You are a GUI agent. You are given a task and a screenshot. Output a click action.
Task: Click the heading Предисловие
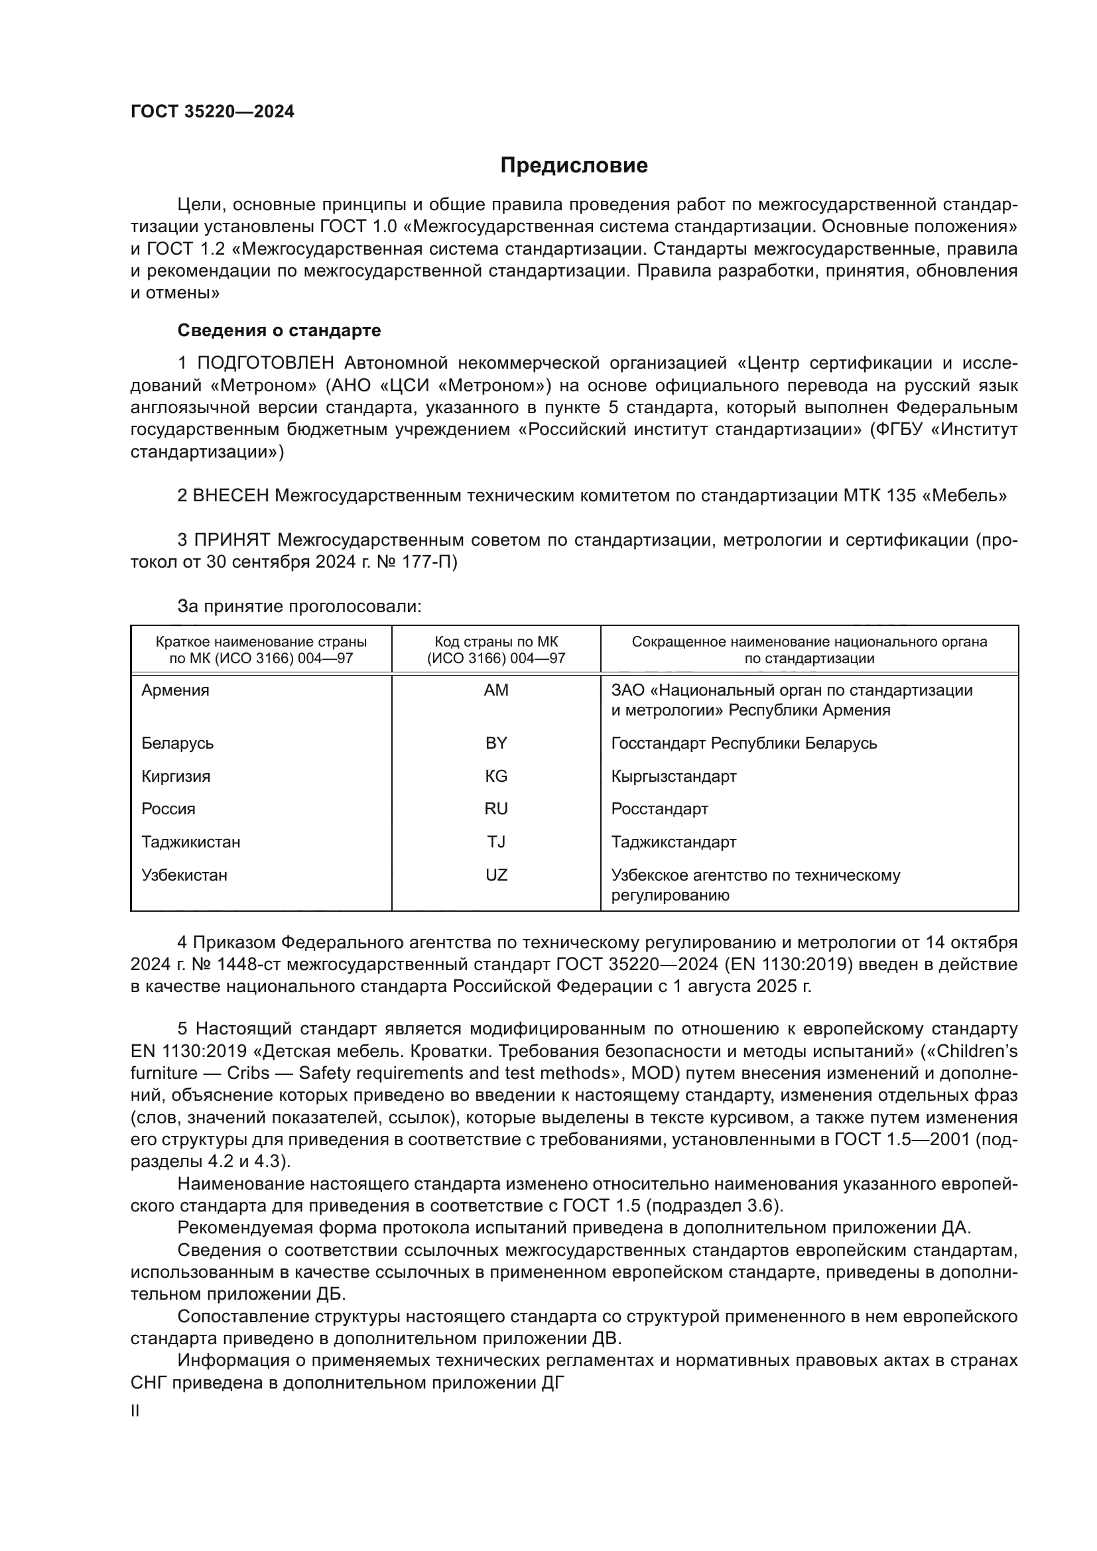(x=574, y=166)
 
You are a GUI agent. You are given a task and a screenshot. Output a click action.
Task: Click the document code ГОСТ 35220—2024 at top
(x=212, y=112)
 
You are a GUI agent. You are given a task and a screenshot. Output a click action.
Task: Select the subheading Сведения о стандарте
(x=279, y=330)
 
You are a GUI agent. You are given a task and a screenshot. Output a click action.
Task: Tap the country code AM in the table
(x=496, y=690)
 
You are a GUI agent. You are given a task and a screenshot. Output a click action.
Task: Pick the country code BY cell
(x=496, y=743)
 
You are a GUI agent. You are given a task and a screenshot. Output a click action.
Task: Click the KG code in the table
(x=496, y=776)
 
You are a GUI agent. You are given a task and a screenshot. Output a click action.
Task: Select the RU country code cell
(x=496, y=808)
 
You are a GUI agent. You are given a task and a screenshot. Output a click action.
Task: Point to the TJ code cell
(x=496, y=841)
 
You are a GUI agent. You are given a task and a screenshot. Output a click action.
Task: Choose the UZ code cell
(x=496, y=875)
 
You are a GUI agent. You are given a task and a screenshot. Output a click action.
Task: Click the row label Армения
(x=175, y=690)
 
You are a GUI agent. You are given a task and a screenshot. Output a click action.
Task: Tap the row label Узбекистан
(x=184, y=875)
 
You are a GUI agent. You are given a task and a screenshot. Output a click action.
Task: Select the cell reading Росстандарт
(x=659, y=809)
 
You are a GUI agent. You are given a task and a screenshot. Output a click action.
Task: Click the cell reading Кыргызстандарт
(x=673, y=776)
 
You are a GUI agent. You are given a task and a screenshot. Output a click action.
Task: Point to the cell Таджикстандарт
(x=673, y=842)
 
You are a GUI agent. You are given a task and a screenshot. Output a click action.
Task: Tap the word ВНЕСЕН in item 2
(x=231, y=496)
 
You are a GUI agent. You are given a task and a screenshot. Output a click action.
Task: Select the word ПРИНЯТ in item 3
(x=232, y=540)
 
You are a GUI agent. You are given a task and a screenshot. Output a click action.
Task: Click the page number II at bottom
(x=135, y=1411)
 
